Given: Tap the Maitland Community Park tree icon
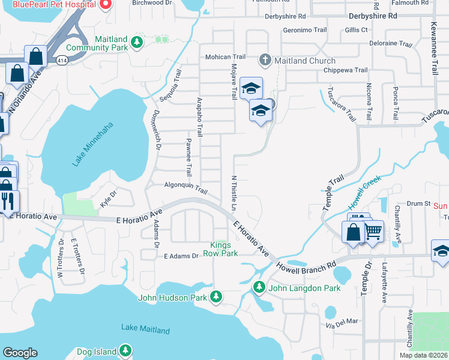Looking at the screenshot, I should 137,41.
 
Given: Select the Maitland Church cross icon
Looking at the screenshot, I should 265,60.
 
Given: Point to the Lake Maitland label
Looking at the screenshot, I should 145,329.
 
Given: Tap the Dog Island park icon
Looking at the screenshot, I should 125,349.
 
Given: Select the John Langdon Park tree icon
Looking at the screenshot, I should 259,288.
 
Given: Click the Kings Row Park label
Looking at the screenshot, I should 223,249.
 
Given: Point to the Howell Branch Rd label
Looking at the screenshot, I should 306,265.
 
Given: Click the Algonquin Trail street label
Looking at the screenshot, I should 185,188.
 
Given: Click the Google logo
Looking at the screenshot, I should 20,353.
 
